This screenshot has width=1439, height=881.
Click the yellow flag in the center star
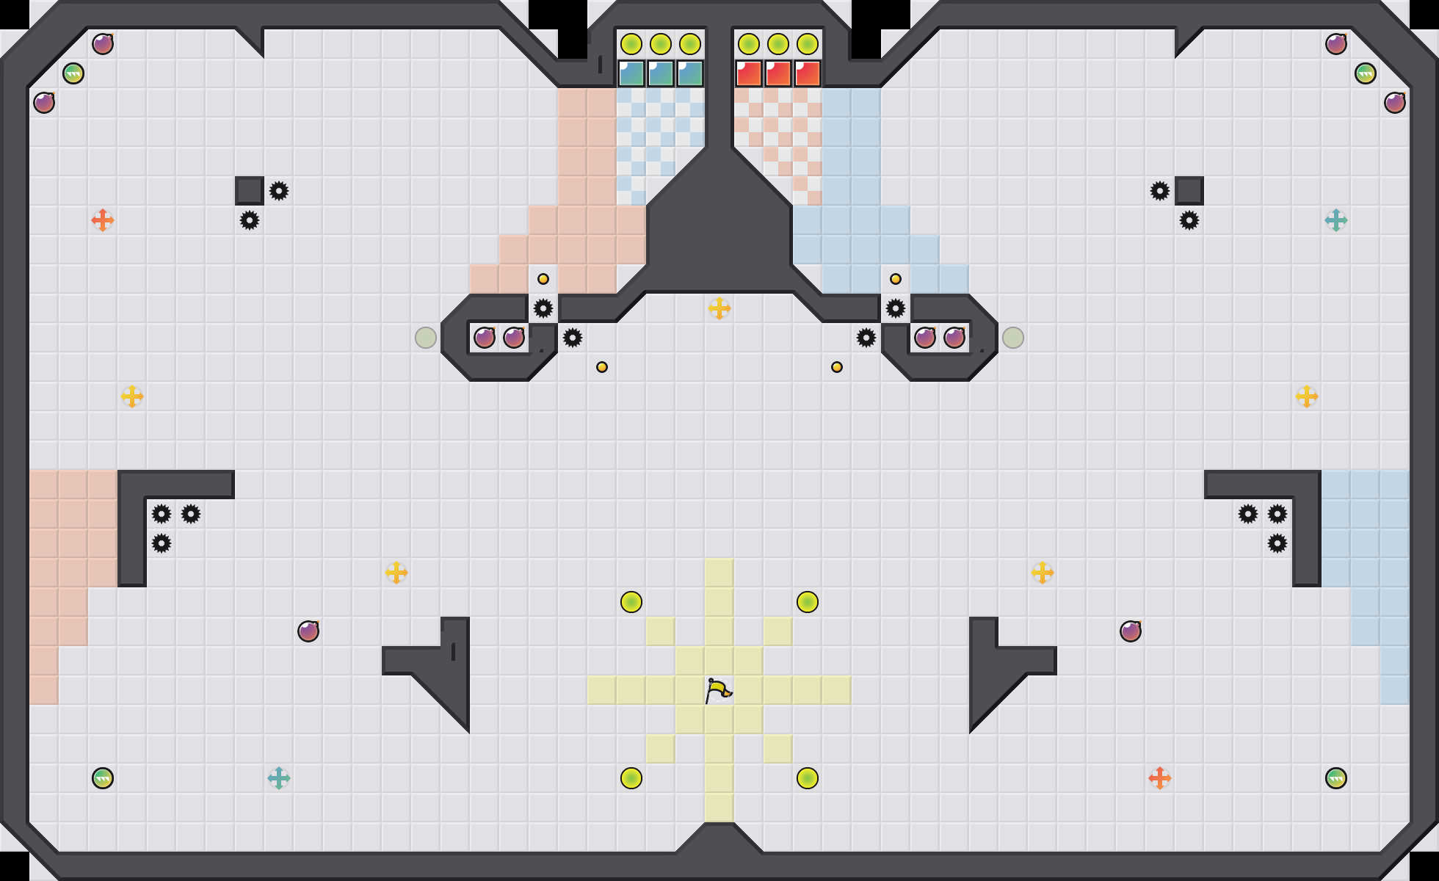coord(718,690)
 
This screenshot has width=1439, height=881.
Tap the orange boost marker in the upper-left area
coord(103,220)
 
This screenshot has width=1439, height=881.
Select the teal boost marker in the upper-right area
coord(1336,220)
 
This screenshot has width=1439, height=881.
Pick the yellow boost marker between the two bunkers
coord(719,308)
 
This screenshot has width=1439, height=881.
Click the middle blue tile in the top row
coord(661,73)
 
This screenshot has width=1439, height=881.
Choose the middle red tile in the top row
coord(778,73)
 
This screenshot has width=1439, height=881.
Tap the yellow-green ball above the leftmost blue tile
coord(631,44)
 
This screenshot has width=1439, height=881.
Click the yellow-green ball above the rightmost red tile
coord(808,44)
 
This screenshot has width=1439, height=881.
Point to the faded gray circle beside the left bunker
coord(426,338)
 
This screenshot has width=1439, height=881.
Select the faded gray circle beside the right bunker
coord(1013,338)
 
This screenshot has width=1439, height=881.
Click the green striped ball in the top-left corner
coord(73,73)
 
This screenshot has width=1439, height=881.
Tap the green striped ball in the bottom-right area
coord(1336,778)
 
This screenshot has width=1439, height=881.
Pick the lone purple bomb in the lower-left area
coord(308,631)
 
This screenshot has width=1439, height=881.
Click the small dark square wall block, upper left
coord(250,191)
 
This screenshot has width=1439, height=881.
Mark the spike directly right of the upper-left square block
coord(279,191)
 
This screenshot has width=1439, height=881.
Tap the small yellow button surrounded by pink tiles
coord(543,279)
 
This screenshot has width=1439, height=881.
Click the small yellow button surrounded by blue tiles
coord(896,279)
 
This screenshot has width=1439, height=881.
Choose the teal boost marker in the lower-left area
coord(279,778)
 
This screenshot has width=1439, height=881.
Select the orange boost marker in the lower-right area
coord(1160,778)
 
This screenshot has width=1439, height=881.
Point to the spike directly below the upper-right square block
coord(1189,220)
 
